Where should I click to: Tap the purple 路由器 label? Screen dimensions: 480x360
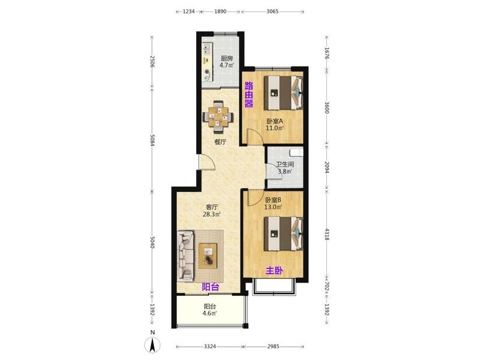point(248,95)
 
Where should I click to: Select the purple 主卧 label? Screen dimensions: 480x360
point(274,271)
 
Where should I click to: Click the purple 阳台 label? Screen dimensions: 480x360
point(211,287)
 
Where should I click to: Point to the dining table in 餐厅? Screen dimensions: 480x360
point(218,116)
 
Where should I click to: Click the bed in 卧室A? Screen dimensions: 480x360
point(283,92)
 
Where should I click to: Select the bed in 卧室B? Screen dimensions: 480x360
point(283,233)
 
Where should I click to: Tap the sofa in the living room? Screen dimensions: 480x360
point(185,256)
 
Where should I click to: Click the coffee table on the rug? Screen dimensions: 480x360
point(208,256)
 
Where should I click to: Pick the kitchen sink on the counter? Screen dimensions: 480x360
point(207,49)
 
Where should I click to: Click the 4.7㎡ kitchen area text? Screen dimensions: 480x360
point(227,65)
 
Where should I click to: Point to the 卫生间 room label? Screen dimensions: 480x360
point(285,164)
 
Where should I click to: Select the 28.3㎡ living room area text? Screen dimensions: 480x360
point(212,214)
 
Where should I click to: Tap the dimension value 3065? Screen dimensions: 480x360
point(272,11)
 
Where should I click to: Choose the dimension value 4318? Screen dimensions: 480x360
point(326,234)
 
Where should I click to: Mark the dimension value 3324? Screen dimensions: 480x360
point(209,347)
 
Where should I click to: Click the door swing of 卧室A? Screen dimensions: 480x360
point(255,136)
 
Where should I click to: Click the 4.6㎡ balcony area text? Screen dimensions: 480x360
point(209,313)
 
